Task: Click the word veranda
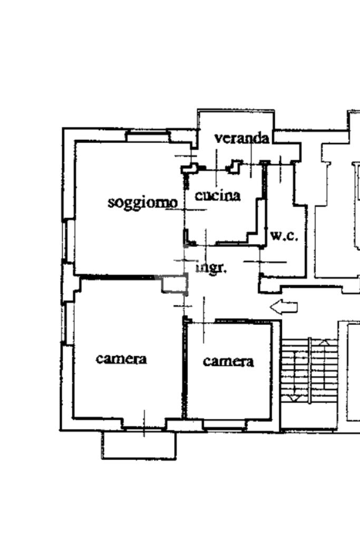pyautogui.click(x=242, y=138)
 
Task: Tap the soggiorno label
pyautogui.click(x=142, y=202)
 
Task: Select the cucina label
pyautogui.click(x=218, y=196)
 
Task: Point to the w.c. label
pyautogui.click(x=284, y=236)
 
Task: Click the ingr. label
pyautogui.click(x=211, y=268)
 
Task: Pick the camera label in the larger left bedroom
pyautogui.click(x=121, y=359)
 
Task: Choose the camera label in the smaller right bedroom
pyautogui.click(x=228, y=361)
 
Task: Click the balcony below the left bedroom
pyautogui.click(x=139, y=445)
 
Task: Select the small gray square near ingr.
pyautogui.click(x=174, y=284)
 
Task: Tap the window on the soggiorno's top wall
pyautogui.click(x=148, y=136)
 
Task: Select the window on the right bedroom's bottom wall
pyautogui.click(x=224, y=424)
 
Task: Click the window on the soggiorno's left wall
pyautogui.click(x=66, y=240)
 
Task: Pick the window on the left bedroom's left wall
pyautogui.click(x=66, y=323)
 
